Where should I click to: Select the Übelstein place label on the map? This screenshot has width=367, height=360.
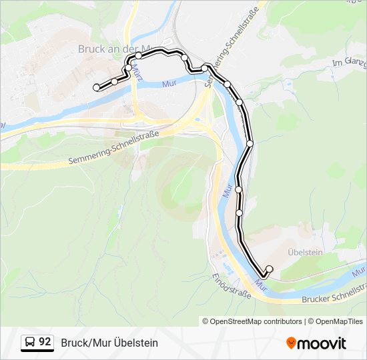304,253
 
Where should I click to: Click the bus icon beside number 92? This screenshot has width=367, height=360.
30,343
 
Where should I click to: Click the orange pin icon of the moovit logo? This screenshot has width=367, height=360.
291,343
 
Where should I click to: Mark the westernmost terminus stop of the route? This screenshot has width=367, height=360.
96,87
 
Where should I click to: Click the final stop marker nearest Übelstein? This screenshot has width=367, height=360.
270,269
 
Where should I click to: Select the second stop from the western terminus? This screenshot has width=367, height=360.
114,81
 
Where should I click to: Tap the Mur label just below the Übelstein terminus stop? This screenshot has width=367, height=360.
262,287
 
